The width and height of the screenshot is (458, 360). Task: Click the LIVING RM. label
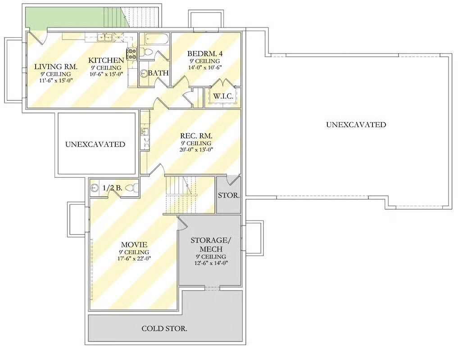[x=56, y=67]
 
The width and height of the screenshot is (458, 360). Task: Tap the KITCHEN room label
[x=106, y=60]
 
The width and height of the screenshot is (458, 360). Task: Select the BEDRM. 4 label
[x=205, y=54]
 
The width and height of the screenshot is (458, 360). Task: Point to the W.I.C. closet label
[x=223, y=96]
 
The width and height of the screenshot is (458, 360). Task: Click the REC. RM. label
[x=196, y=136]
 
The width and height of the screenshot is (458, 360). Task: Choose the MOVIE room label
[x=134, y=245]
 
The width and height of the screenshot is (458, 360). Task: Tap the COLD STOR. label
[x=164, y=328]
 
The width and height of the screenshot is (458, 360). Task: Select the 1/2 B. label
[x=113, y=188]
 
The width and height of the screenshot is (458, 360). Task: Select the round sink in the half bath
[x=94, y=188]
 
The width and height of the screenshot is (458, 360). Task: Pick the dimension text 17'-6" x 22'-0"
[x=134, y=258]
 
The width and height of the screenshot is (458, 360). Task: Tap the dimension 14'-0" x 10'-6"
[x=205, y=67]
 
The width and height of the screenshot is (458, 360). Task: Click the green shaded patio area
[x=74, y=18]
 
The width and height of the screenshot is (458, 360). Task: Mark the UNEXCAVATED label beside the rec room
[x=95, y=144]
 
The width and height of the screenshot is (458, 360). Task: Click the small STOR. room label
[x=229, y=195]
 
